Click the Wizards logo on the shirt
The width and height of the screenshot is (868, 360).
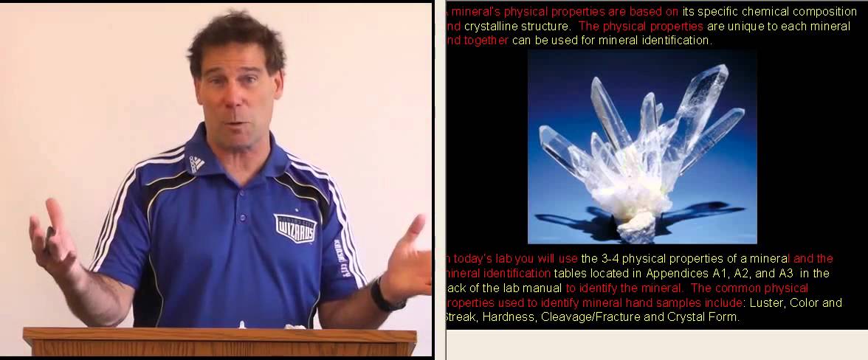click(x=295, y=227)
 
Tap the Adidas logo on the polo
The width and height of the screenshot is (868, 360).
click(x=197, y=163)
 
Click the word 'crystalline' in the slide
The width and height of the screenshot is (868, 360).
click(x=492, y=26)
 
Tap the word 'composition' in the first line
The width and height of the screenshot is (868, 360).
click(x=820, y=11)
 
